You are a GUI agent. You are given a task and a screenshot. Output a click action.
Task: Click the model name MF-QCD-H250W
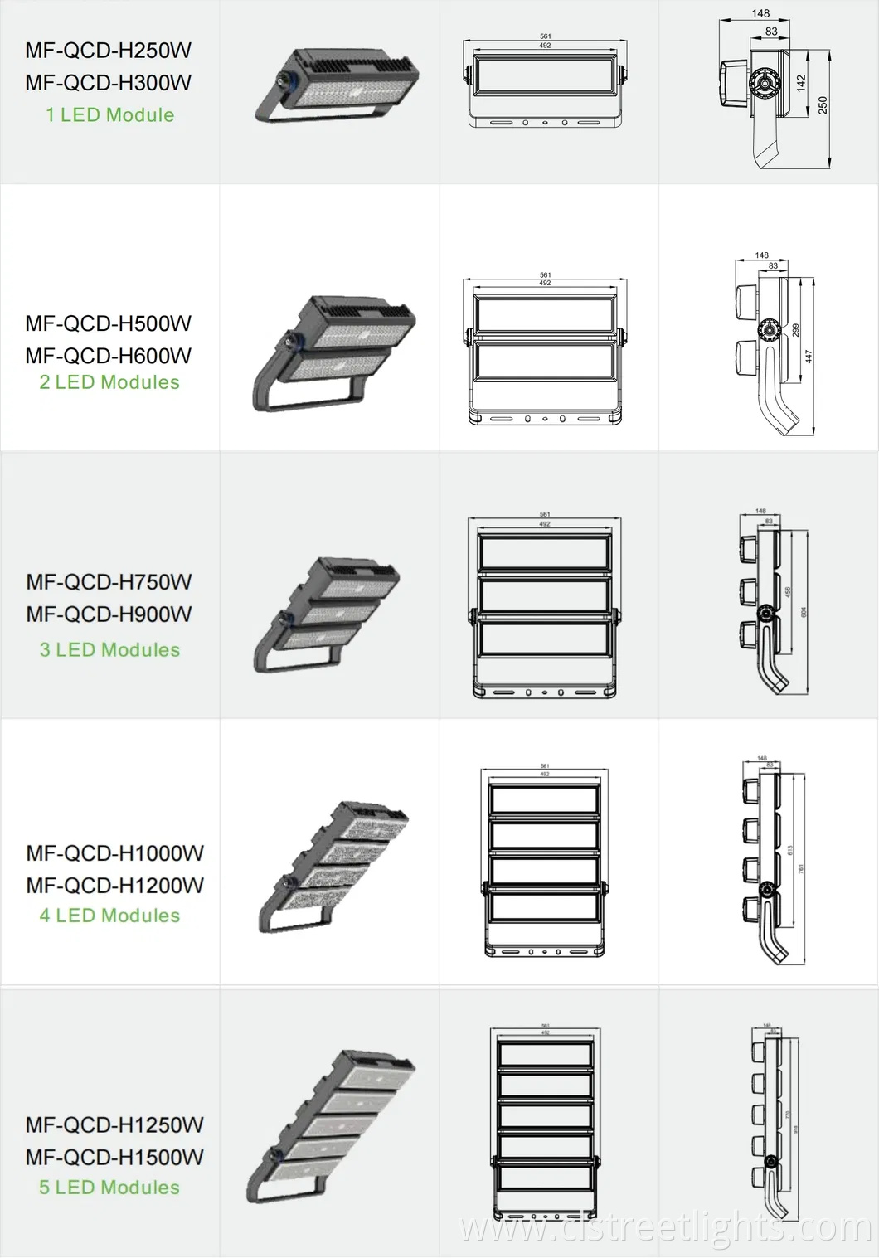click(108, 51)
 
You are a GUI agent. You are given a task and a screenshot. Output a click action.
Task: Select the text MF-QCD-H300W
click(108, 83)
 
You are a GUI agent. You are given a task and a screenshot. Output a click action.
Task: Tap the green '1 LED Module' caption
click(109, 115)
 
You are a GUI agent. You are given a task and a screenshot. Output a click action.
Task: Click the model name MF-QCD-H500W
click(108, 323)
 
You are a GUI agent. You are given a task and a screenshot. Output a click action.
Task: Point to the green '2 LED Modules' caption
click(109, 382)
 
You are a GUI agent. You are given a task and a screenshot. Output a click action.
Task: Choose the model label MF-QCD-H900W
click(109, 614)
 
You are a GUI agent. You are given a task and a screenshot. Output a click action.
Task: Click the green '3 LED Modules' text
click(109, 650)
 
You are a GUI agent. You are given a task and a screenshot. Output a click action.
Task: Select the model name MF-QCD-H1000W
click(114, 853)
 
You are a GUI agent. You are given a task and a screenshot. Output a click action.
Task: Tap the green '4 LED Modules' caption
click(109, 916)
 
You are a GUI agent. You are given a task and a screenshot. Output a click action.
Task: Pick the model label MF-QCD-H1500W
click(114, 1157)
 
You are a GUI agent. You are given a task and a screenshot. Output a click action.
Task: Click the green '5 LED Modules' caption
click(109, 1188)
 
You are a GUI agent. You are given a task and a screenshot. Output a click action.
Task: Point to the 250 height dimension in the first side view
click(822, 105)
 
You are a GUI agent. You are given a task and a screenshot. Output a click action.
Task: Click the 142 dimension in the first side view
click(801, 83)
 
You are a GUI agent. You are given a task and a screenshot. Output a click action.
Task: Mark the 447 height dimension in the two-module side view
click(809, 356)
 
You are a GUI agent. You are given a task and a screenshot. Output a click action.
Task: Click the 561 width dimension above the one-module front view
click(545, 36)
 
